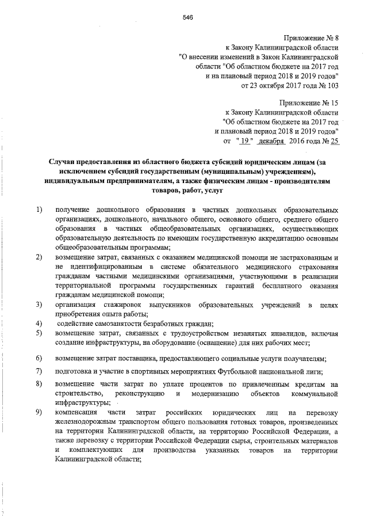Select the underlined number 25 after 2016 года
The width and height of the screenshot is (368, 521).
pyautogui.click(x=333, y=140)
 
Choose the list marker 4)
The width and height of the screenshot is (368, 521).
pyautogui.click(x=39, y=322)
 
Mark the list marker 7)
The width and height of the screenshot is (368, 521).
pyautogui.click(x=39, y=370)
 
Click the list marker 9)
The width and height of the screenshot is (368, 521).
pyautogui.click(x=39, y=413)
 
